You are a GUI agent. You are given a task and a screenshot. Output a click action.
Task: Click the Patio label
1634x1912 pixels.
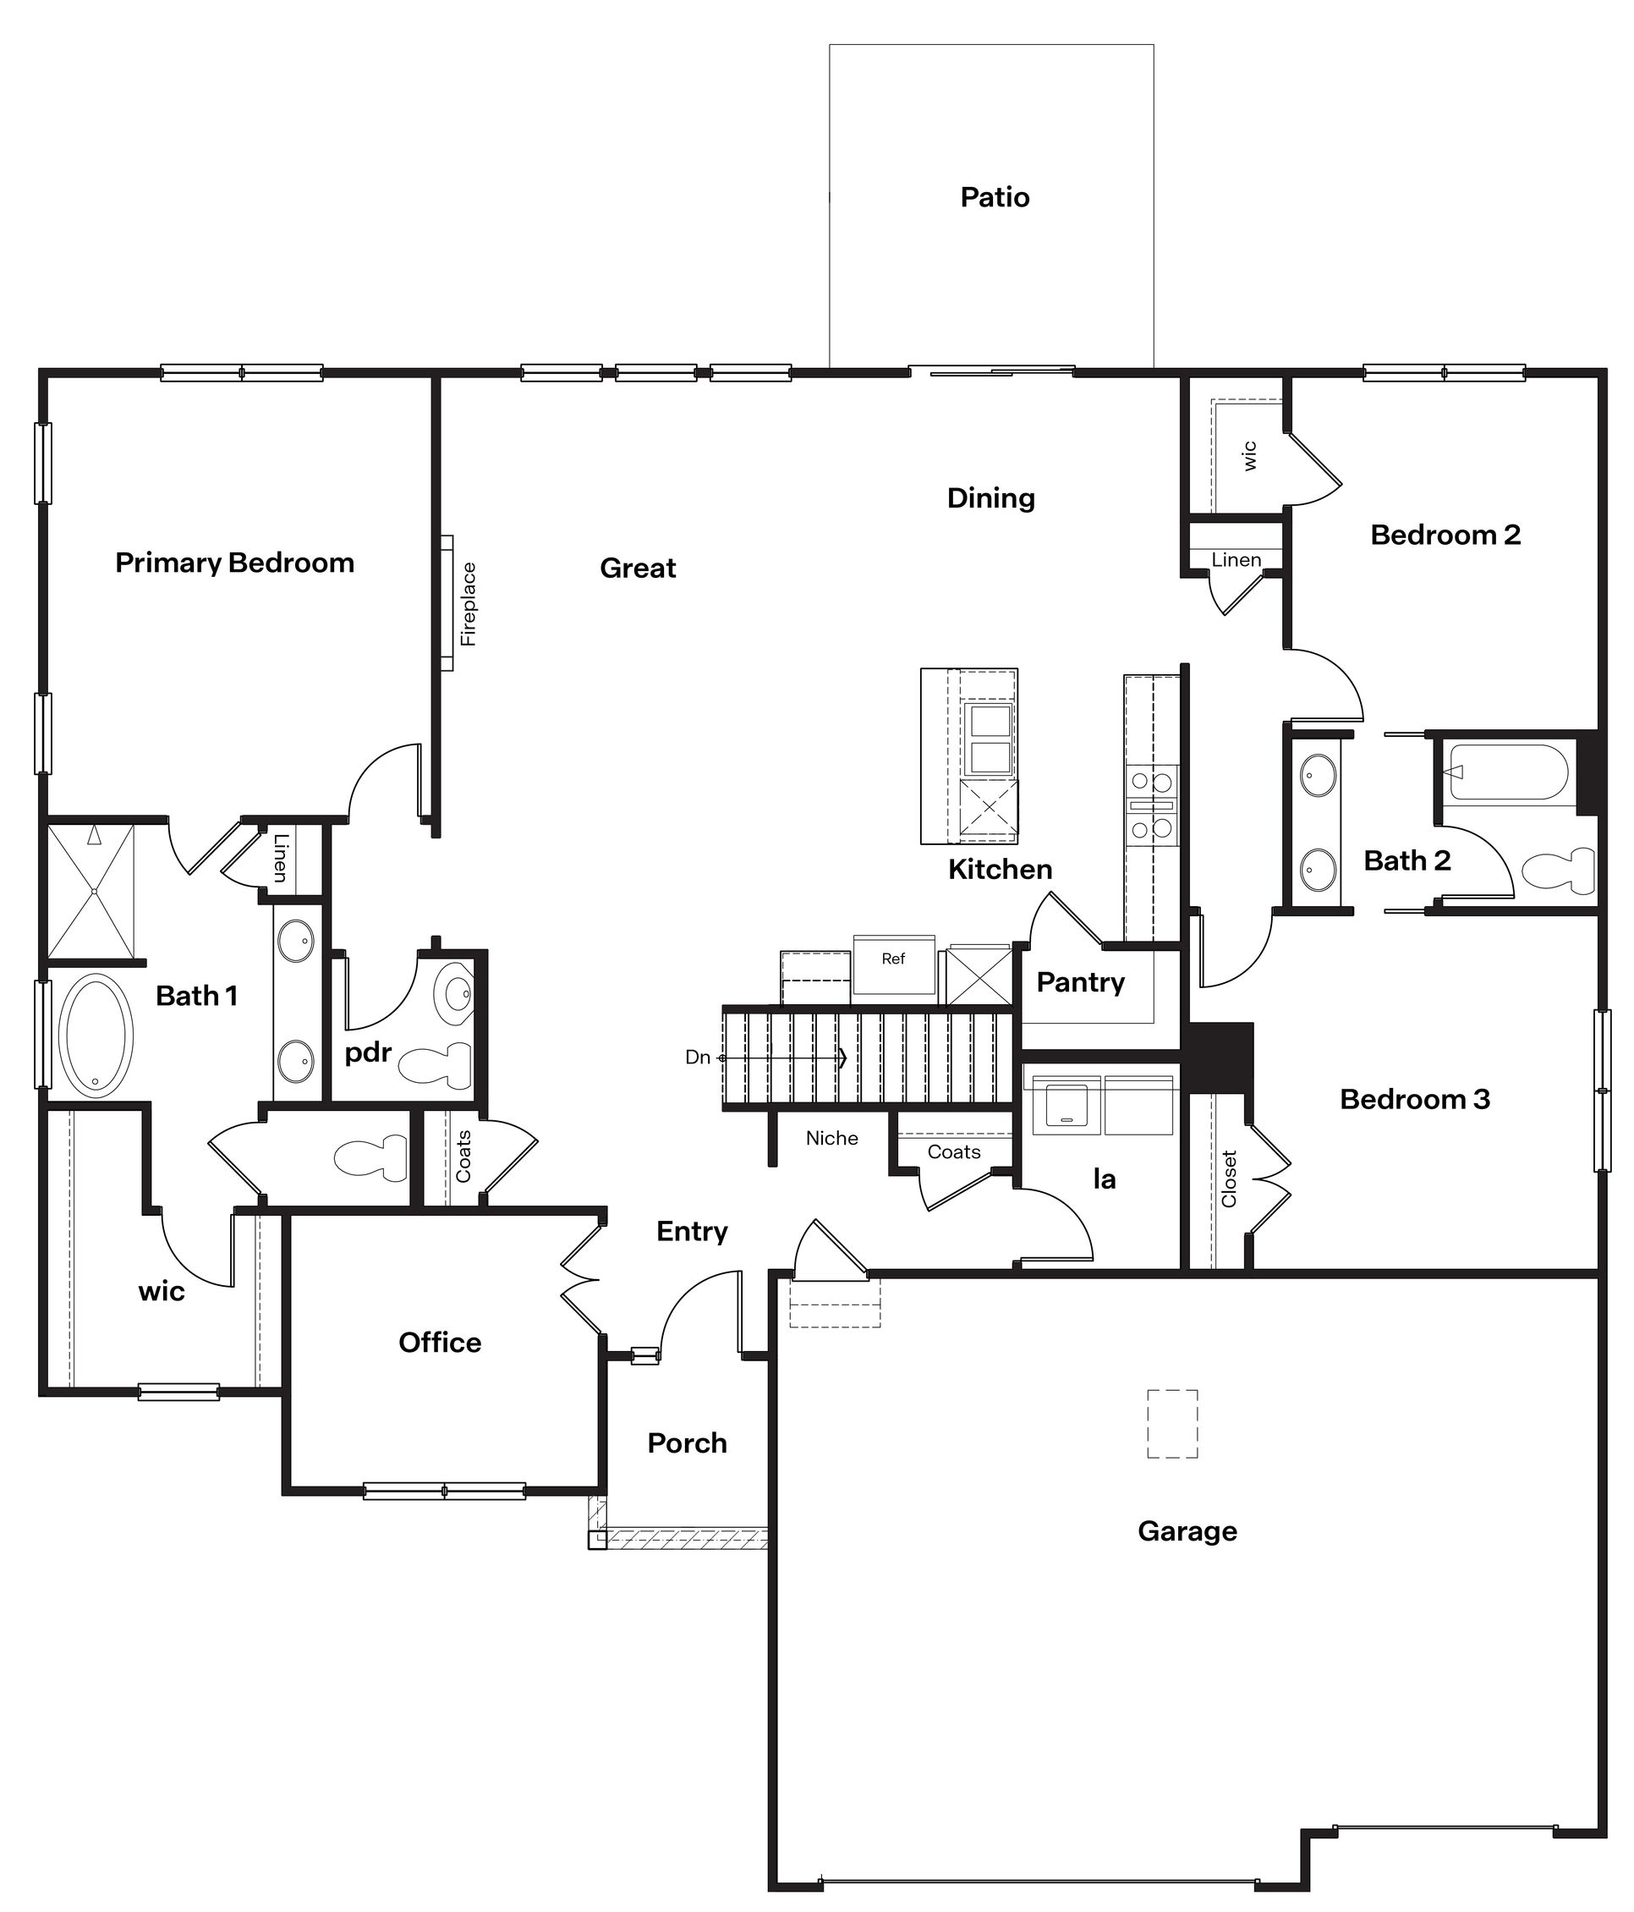click(995, 196)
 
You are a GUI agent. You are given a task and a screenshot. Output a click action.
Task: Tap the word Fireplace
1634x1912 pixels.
click(469, 603)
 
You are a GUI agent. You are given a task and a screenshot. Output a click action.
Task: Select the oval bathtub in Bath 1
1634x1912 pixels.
click(95, 1035)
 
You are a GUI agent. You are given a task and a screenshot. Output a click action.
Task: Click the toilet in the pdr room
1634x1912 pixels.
click(436, 1067)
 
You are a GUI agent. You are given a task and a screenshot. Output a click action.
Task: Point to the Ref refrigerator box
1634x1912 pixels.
click(893, 964)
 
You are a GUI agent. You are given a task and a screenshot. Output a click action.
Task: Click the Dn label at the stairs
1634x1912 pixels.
click(698, 1057)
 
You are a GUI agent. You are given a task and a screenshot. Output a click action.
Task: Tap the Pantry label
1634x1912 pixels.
click(1080, 982)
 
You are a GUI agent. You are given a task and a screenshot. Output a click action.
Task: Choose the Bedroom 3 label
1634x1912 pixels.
click(1414, 1099)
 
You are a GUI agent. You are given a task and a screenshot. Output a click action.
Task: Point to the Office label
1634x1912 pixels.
click(439, 1342)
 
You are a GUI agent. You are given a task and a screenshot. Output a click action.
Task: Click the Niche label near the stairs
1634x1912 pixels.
click(831, 1138)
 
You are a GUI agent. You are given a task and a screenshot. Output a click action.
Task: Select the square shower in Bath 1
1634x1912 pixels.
click(91, 891)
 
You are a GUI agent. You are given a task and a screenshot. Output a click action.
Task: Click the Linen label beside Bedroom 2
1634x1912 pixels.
click(1236, 559)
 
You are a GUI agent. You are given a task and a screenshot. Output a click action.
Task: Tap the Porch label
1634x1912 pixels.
click(687, 1442)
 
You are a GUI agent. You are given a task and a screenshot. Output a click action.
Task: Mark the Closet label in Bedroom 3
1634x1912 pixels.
click(1228, 1179)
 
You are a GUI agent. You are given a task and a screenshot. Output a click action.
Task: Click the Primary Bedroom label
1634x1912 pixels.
click(234, 562)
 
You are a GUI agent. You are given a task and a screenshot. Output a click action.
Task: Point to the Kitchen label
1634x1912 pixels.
click(1001, 868)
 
